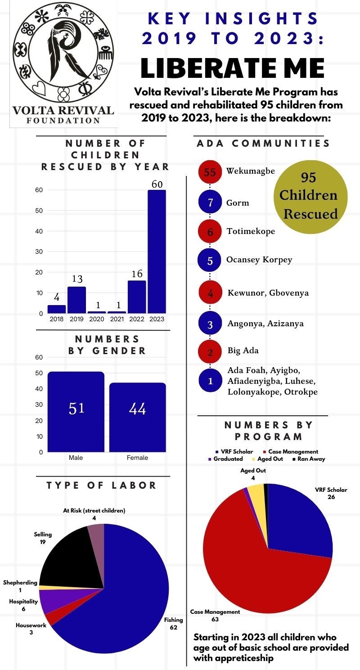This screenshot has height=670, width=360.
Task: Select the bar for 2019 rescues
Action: click(x=76, y=300)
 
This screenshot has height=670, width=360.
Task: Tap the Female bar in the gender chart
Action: click(x=137, y=417)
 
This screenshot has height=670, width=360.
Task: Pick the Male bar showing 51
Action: click(x=76, y=411)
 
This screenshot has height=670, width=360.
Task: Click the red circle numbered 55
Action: click(x=210, y=172)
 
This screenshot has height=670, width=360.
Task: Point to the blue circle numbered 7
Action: click(x=210, y=202)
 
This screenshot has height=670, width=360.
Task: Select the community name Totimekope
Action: click(x=250, y=231)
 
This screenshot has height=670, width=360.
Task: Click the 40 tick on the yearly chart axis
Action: click(x=40, y=231)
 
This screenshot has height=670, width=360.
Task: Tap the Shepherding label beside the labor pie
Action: click(x=20, y=583)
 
